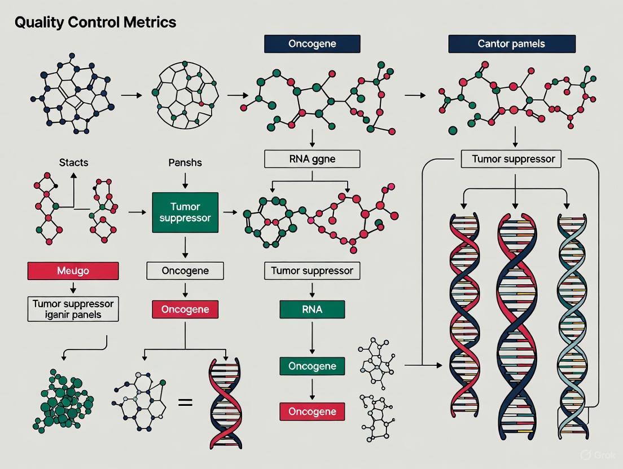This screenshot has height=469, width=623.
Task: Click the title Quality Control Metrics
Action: (95, 23)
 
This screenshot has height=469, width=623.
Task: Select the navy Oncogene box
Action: (312, 44)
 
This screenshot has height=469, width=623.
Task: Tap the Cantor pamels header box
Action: (512, 44)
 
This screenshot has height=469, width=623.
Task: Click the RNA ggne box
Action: (312, 159)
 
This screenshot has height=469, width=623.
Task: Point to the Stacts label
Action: (73, 163)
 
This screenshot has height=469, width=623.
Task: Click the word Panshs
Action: (185, 163)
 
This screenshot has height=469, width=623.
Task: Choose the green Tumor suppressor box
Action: (185, 212)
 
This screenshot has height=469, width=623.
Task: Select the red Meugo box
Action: (73, 271)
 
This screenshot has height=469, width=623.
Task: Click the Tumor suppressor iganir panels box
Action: (73, 309)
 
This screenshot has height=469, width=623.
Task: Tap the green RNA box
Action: (312, 309)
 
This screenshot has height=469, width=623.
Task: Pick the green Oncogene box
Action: (312, 366)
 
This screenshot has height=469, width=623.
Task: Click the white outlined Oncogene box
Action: (185, 271)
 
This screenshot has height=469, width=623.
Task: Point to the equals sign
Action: (185, 402)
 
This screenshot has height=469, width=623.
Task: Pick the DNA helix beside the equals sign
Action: (225, 403)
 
